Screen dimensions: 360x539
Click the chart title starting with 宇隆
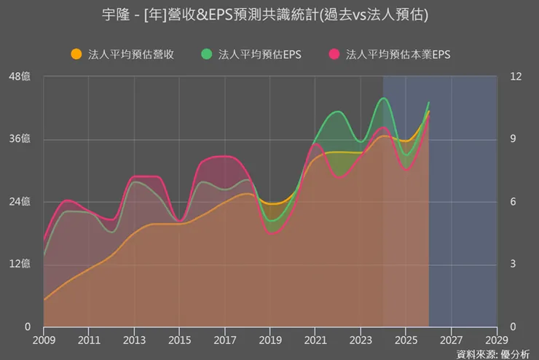(269, 15)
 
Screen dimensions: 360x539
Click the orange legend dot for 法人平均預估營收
(76, 54)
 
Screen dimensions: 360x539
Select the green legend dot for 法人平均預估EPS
(207, 54)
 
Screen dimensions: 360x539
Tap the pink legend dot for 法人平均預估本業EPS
(334, 54)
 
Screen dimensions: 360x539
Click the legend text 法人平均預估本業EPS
(398, 54)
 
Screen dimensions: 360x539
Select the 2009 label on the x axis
(44, 340)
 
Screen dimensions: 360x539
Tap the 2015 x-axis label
(179, 340)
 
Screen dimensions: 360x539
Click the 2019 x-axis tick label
(270, 340)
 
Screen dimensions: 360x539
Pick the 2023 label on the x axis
(361, 340)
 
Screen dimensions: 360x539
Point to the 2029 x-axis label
(496, 340)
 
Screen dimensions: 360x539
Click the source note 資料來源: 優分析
(493, 354)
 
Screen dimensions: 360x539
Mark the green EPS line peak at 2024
(384, 98)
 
